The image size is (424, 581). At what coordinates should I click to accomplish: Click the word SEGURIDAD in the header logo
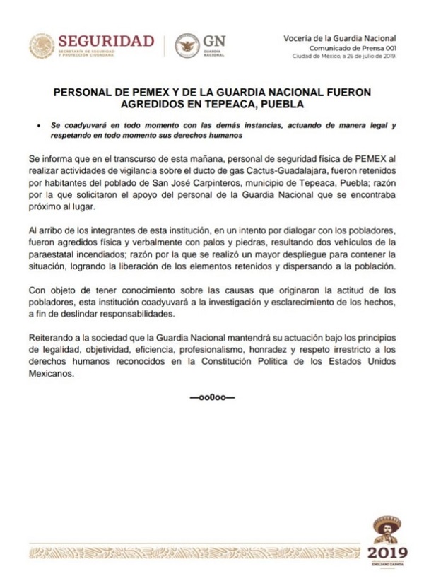pos(106,40)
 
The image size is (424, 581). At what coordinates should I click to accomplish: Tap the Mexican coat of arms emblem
pos(41,46)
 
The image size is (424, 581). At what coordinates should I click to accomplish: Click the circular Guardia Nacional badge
pos(187,46)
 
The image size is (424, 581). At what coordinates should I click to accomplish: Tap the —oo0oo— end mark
pos(212,398)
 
